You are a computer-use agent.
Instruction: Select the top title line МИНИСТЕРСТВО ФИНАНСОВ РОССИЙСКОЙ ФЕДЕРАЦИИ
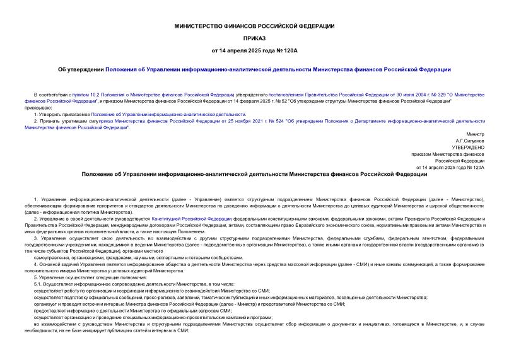254,25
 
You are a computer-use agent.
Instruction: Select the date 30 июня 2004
353,94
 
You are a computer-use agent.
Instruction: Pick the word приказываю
38,107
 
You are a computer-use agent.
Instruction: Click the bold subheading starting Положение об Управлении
254,174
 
